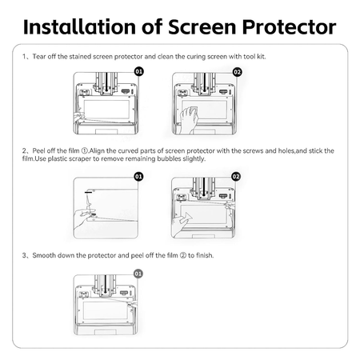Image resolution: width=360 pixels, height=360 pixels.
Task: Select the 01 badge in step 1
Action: point(138,71)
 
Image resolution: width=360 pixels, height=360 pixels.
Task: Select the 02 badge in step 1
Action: point(236,71)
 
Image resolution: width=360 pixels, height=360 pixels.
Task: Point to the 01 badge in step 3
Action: point(138,274)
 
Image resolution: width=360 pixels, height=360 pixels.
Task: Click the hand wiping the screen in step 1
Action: point(189,118)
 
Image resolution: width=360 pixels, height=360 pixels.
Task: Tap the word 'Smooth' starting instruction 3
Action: point(44,255)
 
